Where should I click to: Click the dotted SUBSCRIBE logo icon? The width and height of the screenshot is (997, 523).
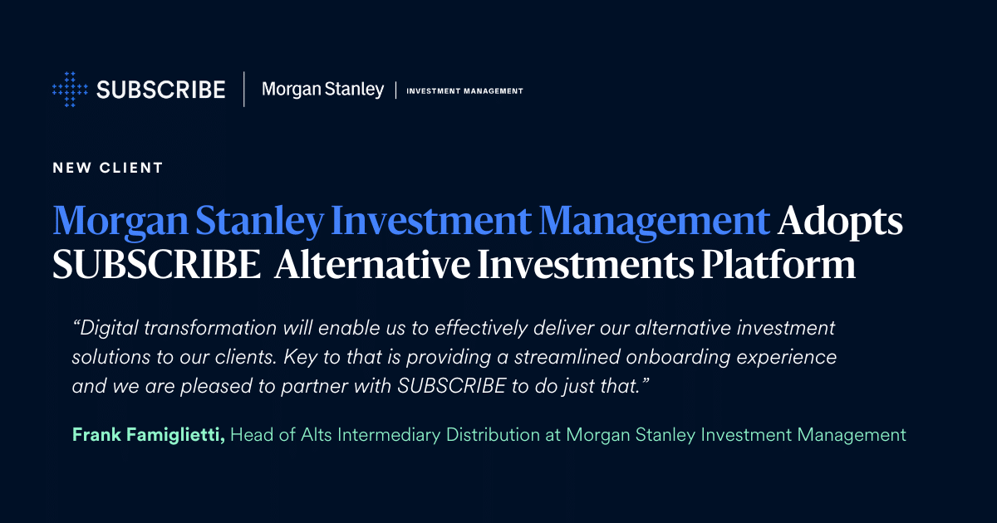tap(70, 89)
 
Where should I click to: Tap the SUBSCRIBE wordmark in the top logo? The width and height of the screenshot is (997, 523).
tap(160, 90)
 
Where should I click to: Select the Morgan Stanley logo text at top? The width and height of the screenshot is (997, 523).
tap(322, 89)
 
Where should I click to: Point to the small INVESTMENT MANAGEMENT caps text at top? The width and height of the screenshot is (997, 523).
tap(464, 90)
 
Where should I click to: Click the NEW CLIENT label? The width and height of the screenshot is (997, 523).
tap(107, 168)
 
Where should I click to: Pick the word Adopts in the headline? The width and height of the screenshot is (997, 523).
tap(840, 222)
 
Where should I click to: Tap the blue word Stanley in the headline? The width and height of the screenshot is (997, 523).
tap(263, 222)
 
